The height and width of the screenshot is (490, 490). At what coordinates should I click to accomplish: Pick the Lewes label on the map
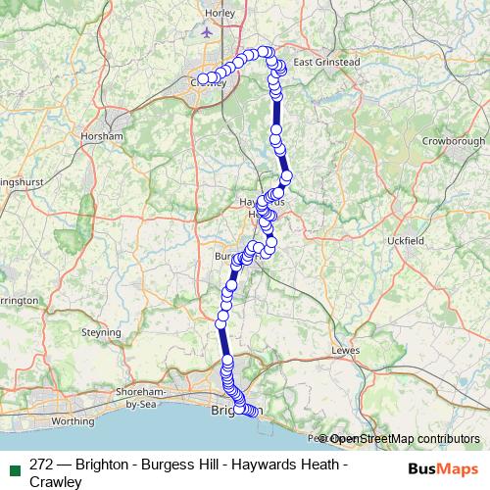pos(347,348)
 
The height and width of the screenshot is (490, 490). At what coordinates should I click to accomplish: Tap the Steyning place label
pos(101,332)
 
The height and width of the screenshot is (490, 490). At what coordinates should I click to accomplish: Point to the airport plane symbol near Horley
pos(207,31)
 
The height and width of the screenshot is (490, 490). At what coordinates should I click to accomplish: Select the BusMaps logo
pos(444,468)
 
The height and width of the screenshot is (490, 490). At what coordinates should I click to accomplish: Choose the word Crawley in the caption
pos(56,481)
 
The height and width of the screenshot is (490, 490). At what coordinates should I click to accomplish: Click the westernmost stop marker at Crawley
pos(203,79)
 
